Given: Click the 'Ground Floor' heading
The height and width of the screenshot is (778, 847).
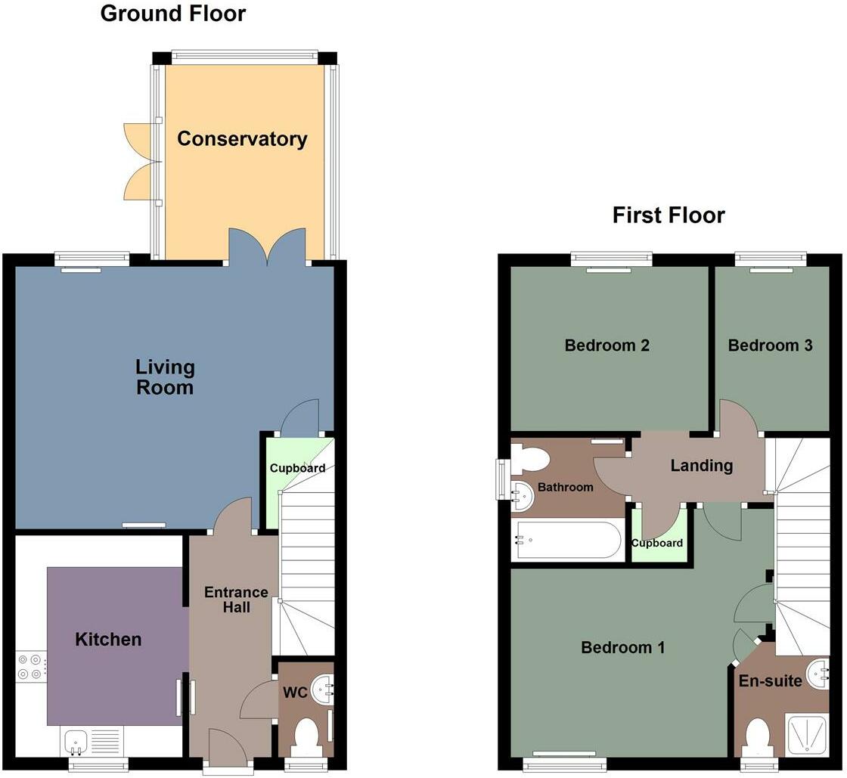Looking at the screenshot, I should [x=172, y=14].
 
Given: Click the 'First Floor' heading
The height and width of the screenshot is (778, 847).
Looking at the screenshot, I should [x=669, y=215].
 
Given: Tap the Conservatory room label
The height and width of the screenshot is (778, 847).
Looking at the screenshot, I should [x=242, y=139].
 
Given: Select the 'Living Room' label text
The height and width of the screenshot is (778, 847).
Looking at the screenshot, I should [x=165, y=377].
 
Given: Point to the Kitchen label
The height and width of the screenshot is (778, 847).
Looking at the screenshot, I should [x=108, y=640].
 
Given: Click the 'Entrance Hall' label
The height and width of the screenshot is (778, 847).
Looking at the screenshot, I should [x=236, y=599].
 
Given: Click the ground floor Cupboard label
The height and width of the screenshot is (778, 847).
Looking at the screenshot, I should [x=297, y=468].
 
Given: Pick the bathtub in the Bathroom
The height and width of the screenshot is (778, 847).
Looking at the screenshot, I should [x=568, y=540].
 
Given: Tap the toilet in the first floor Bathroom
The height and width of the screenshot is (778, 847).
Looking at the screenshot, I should [x=529, y=458].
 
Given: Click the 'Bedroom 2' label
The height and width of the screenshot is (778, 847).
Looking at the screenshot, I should [x=607, y=346].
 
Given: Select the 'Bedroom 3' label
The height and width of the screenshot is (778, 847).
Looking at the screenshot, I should [x=770, y=346].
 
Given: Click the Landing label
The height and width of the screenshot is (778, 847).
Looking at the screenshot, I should [x=701, y=466].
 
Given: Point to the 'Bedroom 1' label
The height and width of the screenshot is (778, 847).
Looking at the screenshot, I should [x=622, y=648].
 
